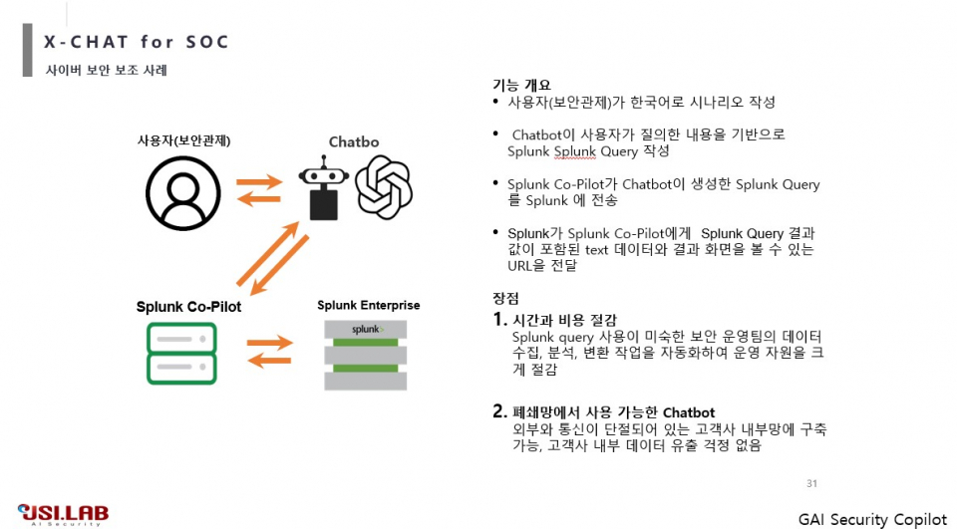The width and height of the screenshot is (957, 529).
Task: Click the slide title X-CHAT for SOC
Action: pyautogui.click(x=137, y=42)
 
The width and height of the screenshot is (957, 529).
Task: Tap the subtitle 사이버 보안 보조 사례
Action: pyautogui.click(x=107, y=71)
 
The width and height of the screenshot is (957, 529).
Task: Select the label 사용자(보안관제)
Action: pyautogui.click(x=183, y=140)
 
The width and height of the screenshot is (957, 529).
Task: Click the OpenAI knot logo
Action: pyautogui.click(x=384, y=187)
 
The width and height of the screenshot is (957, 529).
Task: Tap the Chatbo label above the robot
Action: pyautogui.click(x=354, y=142)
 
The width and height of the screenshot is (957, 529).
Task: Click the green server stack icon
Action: pyautogui.click(x=181, y=354)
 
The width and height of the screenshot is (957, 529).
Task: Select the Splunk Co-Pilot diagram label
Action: pyautogui.click(x=188, y=307)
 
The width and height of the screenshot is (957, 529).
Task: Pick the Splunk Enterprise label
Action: pyautogui.click(x=368, y=305)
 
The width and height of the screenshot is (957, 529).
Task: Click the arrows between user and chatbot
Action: pyautogui.click(x=258, y=189)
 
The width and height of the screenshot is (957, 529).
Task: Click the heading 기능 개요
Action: pyautogui.click(x=520, y=86)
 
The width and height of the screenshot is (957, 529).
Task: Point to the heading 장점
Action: pyautogui.click(x=505, y=298)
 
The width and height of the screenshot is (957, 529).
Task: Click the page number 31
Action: pyautogui.click(x=811, y=484)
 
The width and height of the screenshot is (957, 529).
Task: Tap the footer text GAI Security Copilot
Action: pyautogui.click(x=872, y=519)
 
